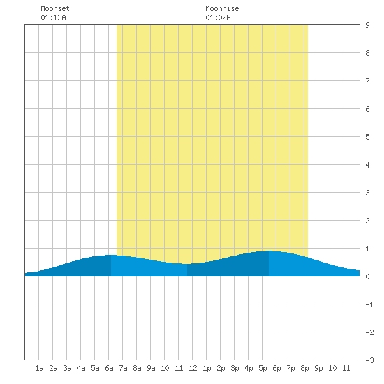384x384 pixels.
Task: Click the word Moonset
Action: [55, 8]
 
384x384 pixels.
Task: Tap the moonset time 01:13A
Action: [53, 17]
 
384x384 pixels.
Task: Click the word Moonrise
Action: [222, 8]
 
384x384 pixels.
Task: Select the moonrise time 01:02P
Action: [218, 17]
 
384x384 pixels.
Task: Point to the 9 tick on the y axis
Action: [367, 25]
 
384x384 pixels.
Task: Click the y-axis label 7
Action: [367, 81]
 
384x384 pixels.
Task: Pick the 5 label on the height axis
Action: [367, 137]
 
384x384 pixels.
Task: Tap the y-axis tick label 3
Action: [367, 193]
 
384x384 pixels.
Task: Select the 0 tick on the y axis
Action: [367, 276]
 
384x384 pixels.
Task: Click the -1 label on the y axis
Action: [369, 304]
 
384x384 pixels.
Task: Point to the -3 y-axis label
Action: [369, 360]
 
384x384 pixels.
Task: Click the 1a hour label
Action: [39, 368]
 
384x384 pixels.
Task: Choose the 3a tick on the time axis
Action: [67, 368]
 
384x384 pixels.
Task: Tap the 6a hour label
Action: [109, 368]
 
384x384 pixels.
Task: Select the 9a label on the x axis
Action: [151, 368]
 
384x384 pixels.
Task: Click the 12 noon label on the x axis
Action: [193, 368]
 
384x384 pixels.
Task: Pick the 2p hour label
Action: [221, 368]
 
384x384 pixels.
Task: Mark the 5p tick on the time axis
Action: [263, 368]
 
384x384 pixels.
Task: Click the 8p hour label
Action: [304, 368]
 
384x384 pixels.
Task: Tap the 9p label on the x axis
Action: [318, 368]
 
